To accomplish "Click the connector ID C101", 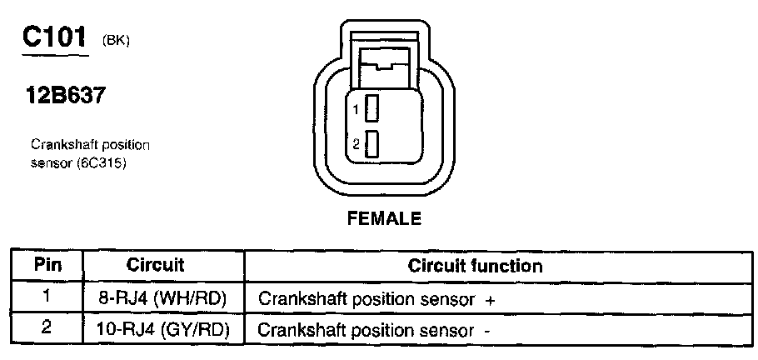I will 53,37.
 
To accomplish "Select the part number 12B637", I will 67,97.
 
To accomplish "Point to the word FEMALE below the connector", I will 384,220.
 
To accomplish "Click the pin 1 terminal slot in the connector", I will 372,108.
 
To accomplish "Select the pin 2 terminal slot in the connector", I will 372,144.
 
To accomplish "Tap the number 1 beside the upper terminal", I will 356,109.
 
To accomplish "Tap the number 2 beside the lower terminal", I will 356,144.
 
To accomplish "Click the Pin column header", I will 48,266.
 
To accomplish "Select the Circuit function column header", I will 476,266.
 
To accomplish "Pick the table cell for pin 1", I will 48,297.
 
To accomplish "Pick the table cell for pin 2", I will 48,328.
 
